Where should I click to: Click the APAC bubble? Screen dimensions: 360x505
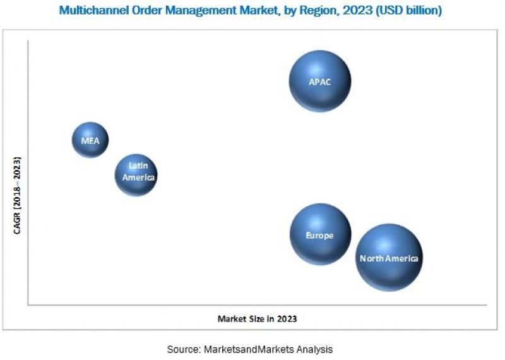(x=320, y=81)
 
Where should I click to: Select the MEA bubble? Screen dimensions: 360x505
(x=90, y=140)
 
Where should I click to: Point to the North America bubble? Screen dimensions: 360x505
(x=388, y=257)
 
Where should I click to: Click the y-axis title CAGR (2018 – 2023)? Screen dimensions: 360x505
(x=18, y=195)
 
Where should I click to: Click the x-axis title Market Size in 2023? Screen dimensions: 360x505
(x=257, y=319)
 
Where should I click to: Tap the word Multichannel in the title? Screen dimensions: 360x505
(x=91, y=10)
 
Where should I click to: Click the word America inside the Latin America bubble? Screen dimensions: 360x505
(x=138, y=178)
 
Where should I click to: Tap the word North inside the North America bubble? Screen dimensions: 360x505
(x=371, y=258)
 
